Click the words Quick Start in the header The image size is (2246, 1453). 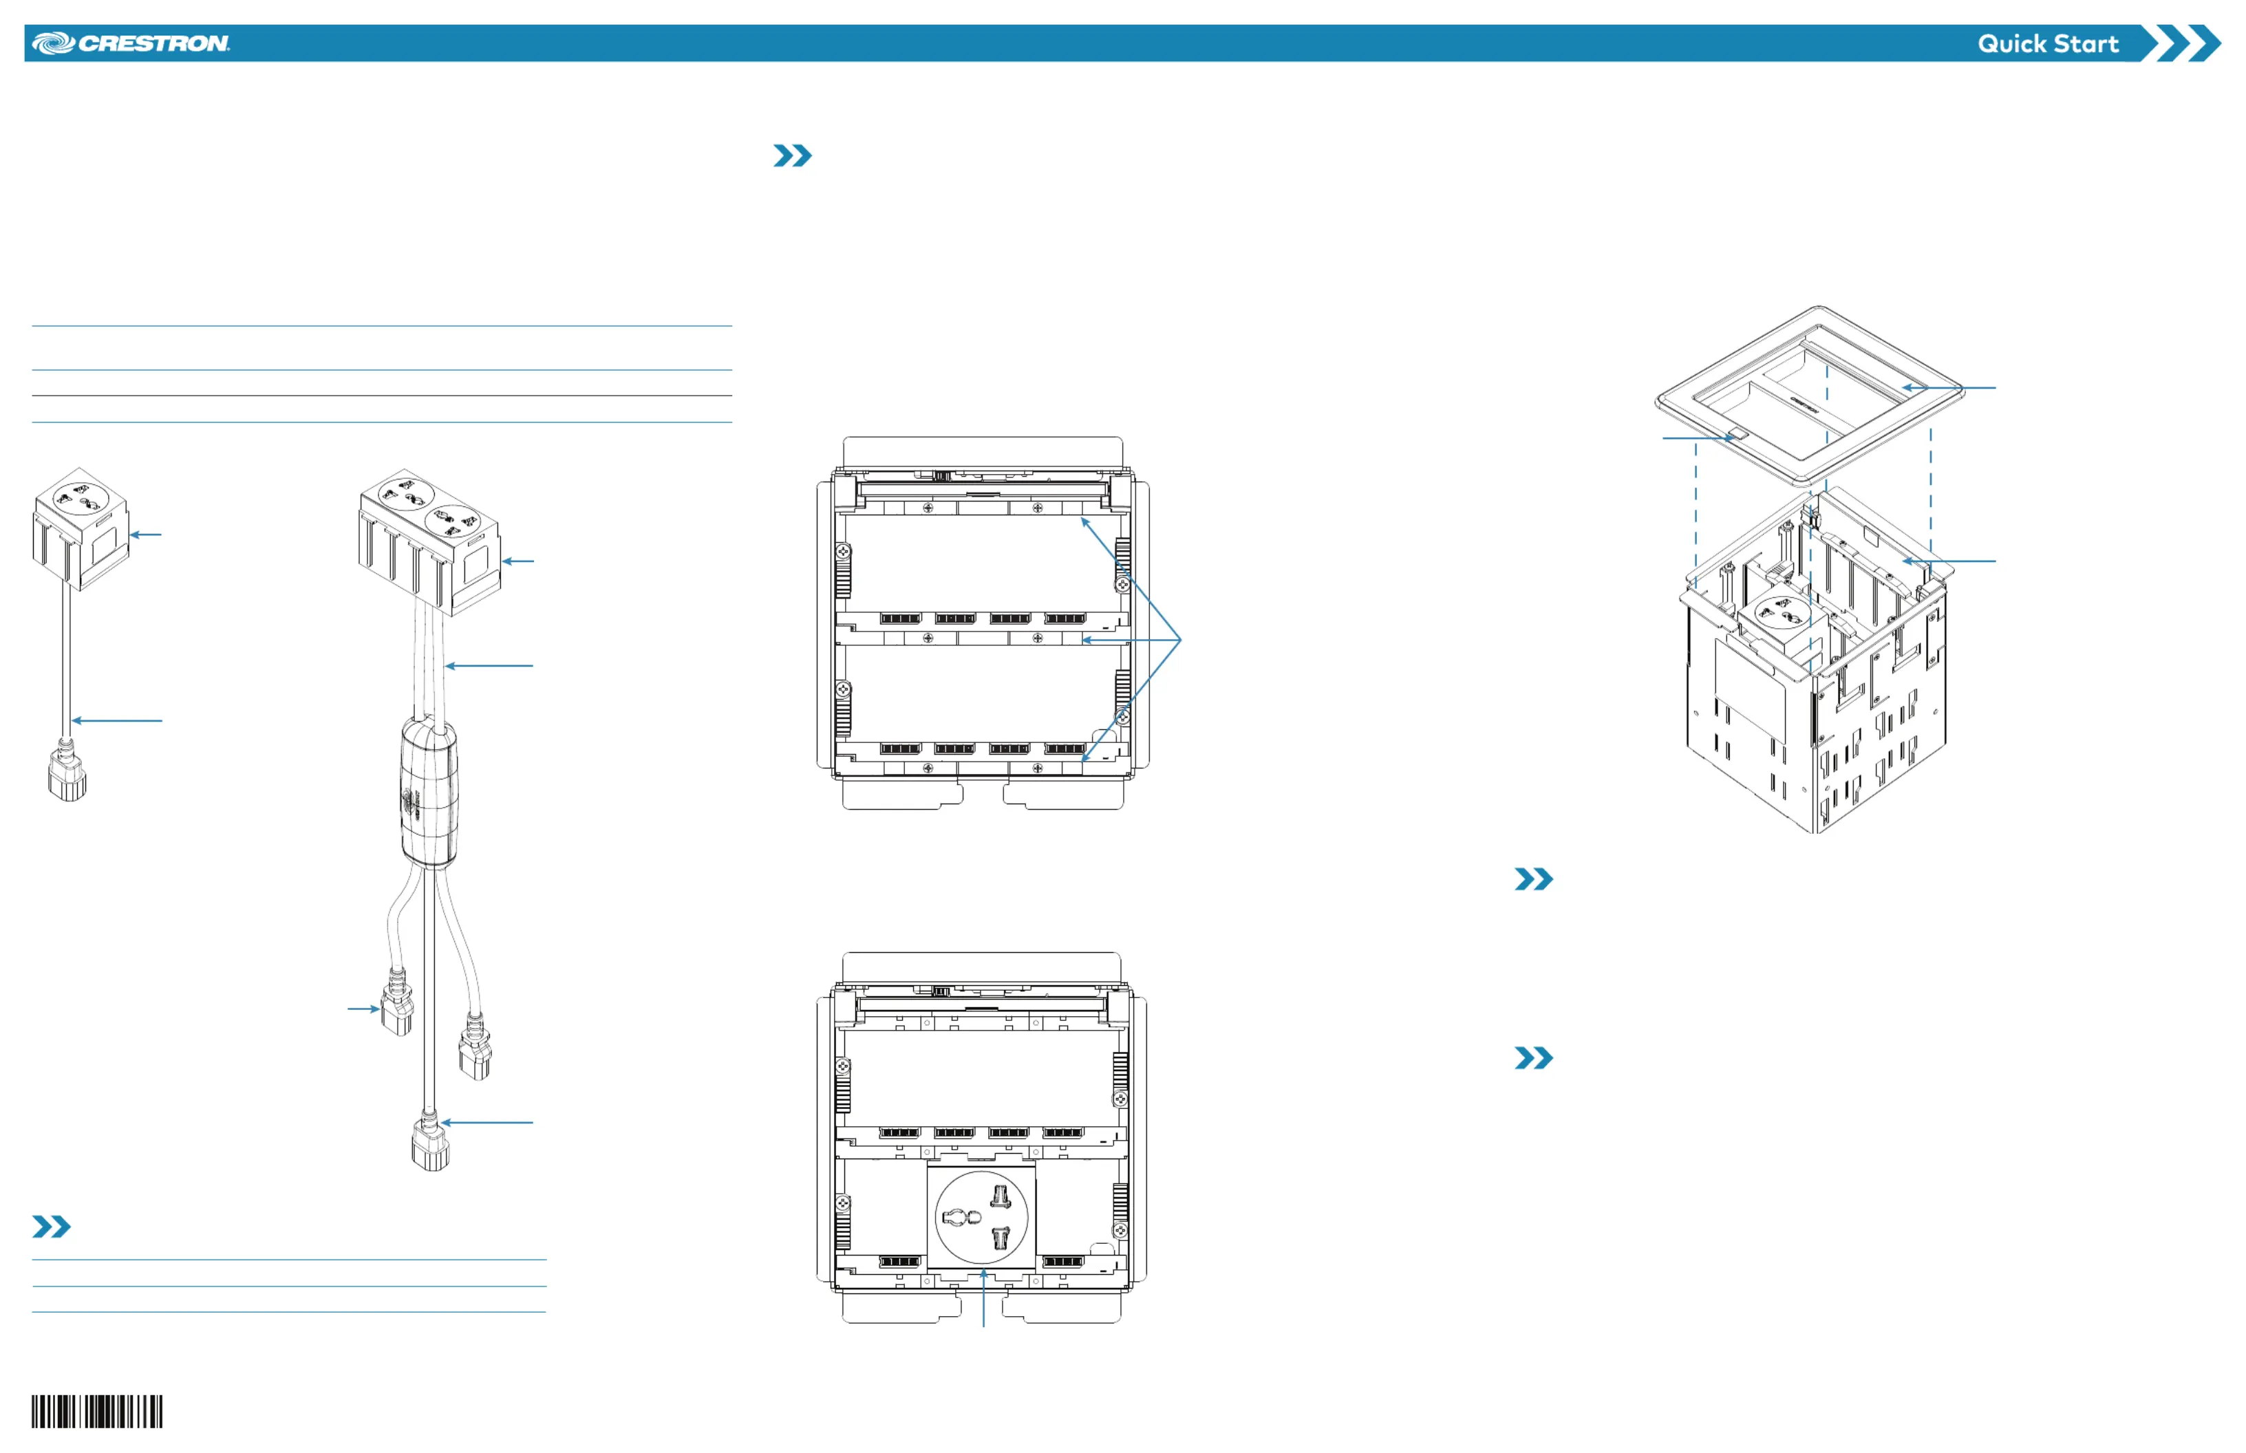point(2048,43)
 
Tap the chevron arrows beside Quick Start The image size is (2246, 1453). point(2180,43)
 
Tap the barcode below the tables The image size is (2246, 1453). point(96,1412)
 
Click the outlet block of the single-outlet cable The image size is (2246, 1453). point(81,528)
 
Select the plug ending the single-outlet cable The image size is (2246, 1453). point(67,771)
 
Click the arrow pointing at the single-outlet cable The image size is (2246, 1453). point(117,721)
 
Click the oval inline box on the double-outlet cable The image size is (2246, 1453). point(429,790)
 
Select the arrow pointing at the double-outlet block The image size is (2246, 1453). point(518,561)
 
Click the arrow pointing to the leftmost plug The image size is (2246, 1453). point(363,1009)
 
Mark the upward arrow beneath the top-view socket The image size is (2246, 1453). point(983,1298)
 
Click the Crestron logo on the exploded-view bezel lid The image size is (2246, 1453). point(1804,404)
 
